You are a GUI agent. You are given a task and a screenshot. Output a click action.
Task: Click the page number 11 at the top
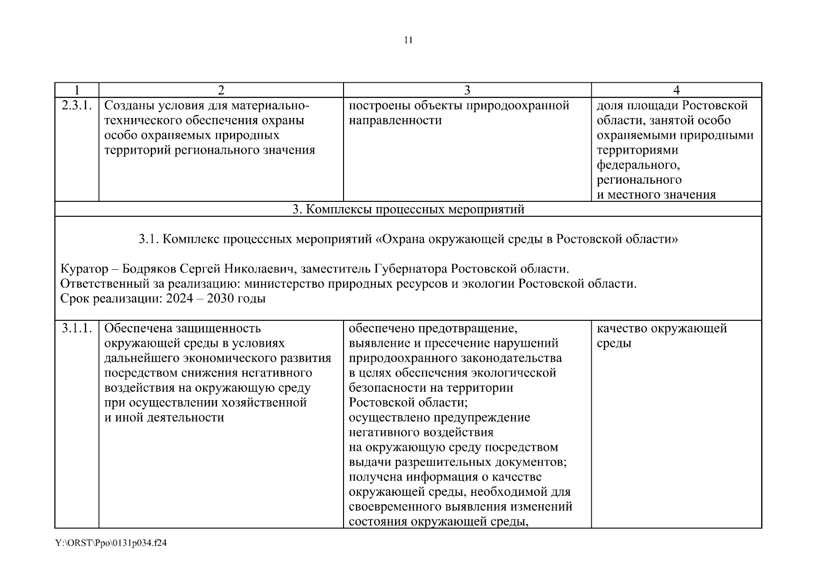tap(408, 40)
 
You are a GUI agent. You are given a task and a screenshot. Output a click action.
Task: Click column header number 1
tap(77, 90)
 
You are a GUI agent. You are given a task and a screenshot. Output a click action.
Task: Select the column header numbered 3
tap(467, 90)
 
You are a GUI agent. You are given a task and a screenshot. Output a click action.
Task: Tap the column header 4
tap(676, 90)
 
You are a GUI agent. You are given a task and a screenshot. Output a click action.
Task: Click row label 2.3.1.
tap(77, 105)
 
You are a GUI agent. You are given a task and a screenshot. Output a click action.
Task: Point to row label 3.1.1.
tap(77, 328)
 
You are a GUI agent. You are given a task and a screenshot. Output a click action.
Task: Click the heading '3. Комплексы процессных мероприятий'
tap(408, 209)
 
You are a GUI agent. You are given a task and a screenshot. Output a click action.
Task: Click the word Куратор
tap(81, 269)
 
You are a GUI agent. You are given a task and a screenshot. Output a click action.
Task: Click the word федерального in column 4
tap(638, 165)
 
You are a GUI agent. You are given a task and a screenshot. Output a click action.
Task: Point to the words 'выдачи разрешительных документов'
tap(457, 462)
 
